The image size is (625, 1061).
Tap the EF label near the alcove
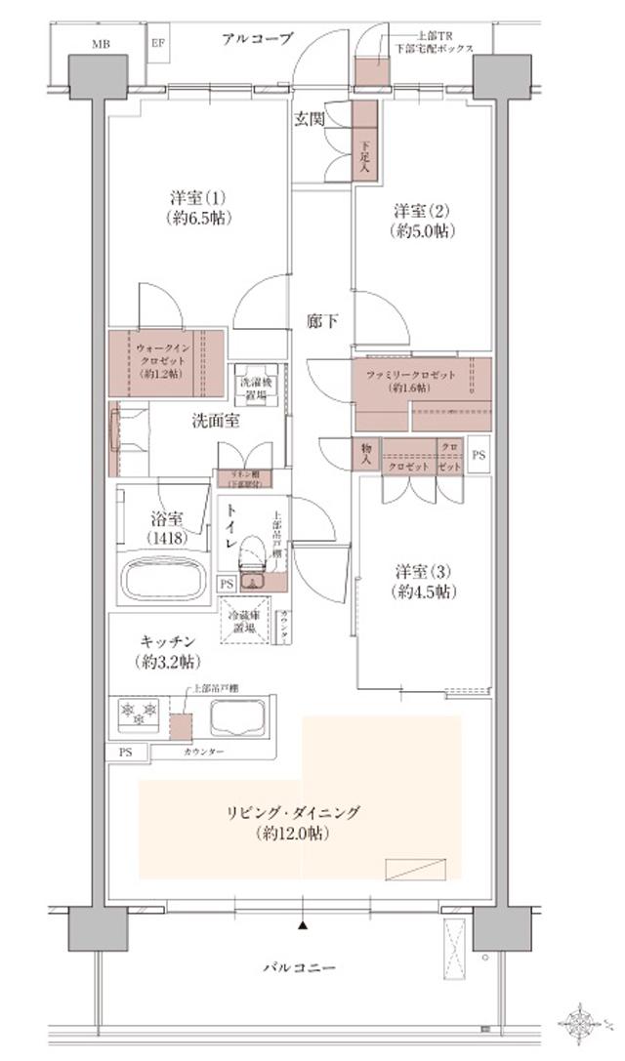pyautogui.click(x=158, y=44)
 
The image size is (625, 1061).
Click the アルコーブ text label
pyautogui.click(x=257, y=39)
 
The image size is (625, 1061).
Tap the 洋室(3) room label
pyautogui.click(x=422, y=581)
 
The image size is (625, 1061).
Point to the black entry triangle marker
pyautogui.click(x=304, y=922)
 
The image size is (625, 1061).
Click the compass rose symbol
pyautogui.click(x=583, y=1021)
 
